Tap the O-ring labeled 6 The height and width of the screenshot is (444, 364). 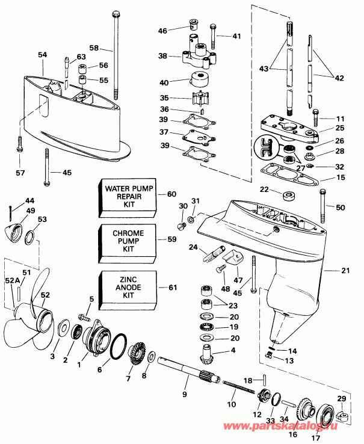click(x=118, y=344)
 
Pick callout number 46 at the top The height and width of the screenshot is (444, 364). click(x=162, y=31)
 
